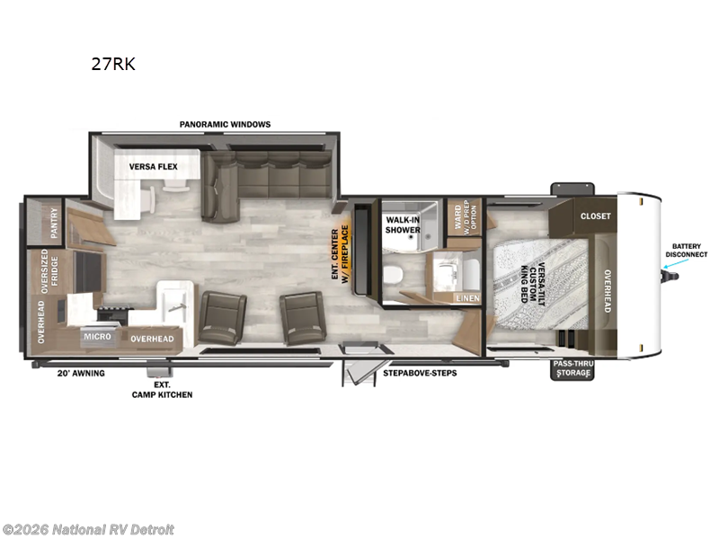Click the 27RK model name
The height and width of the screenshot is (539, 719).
[112, 65]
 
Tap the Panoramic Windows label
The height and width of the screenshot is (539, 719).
[225, 124]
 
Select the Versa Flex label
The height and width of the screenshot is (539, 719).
[153, 166]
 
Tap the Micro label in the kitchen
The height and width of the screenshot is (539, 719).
[96, 337]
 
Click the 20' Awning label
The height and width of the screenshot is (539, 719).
[81, 373]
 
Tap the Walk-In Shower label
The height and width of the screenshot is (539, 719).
[404, 225]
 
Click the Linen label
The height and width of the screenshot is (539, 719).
[467, 298]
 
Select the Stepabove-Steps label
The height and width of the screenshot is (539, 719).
[420, 373]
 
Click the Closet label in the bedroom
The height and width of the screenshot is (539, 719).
[595, 216]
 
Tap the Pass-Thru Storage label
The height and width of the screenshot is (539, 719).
[573, 368]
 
